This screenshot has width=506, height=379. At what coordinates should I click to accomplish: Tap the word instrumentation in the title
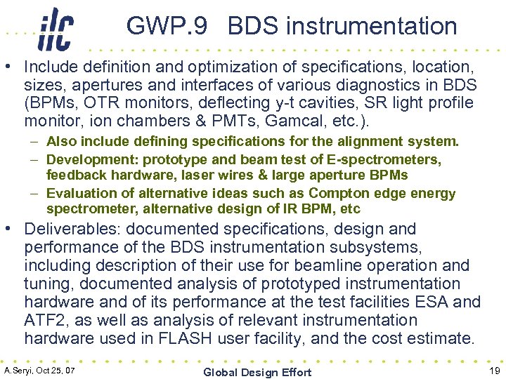coord(372,27)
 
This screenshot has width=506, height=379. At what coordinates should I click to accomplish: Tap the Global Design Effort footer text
coord(257,372)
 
